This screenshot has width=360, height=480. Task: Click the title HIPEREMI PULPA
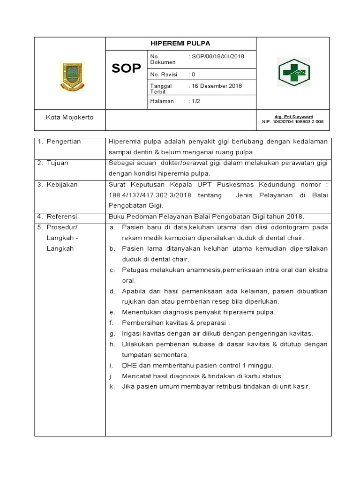coord(180,43)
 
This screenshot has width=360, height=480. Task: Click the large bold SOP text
coord(126,69)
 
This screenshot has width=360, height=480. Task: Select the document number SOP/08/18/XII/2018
coord(216,56)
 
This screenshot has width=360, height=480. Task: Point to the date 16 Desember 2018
coord(215,86)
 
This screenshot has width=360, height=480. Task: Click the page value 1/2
coord(194,101)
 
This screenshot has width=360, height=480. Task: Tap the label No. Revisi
coord(162,74)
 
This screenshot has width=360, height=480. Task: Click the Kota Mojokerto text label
coord(69,117)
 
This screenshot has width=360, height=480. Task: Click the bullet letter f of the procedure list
coord(112,322)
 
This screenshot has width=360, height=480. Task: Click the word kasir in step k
coord(301,387)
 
